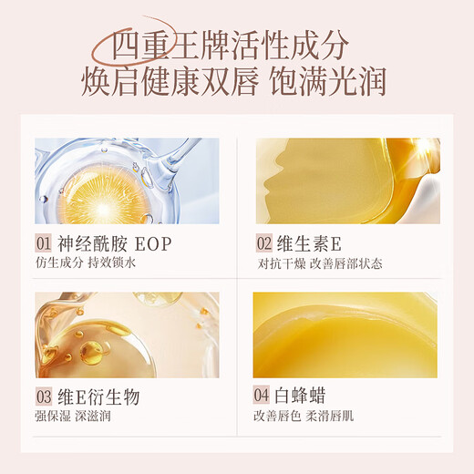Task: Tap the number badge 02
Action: pos(264,243)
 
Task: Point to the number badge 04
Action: pos(264,397)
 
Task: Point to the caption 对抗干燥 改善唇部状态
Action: pos(319,263)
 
